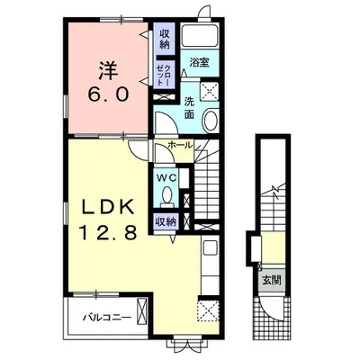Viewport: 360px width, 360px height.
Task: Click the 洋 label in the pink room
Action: [107, 70]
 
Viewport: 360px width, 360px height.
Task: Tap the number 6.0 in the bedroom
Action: [109, 94]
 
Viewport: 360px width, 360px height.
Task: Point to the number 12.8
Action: [108, 232]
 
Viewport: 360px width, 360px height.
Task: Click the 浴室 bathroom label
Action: [199, 63]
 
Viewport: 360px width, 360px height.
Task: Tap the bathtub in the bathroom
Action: [200, 36]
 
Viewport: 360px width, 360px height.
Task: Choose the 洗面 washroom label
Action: [189, 108]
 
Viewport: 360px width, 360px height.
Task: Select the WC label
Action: [166, 178]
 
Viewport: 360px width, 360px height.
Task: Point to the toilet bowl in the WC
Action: [166, 196]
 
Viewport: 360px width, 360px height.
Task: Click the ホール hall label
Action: [179, 146]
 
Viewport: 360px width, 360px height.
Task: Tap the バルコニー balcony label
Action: [107, 317]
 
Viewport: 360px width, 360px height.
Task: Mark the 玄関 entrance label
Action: [272, 281]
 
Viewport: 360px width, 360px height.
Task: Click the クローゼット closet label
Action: [165, 74]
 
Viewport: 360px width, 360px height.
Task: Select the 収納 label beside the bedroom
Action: [165, 40]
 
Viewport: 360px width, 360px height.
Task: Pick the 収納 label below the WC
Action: [165, 221]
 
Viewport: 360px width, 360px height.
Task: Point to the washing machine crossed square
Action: [209, 90]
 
